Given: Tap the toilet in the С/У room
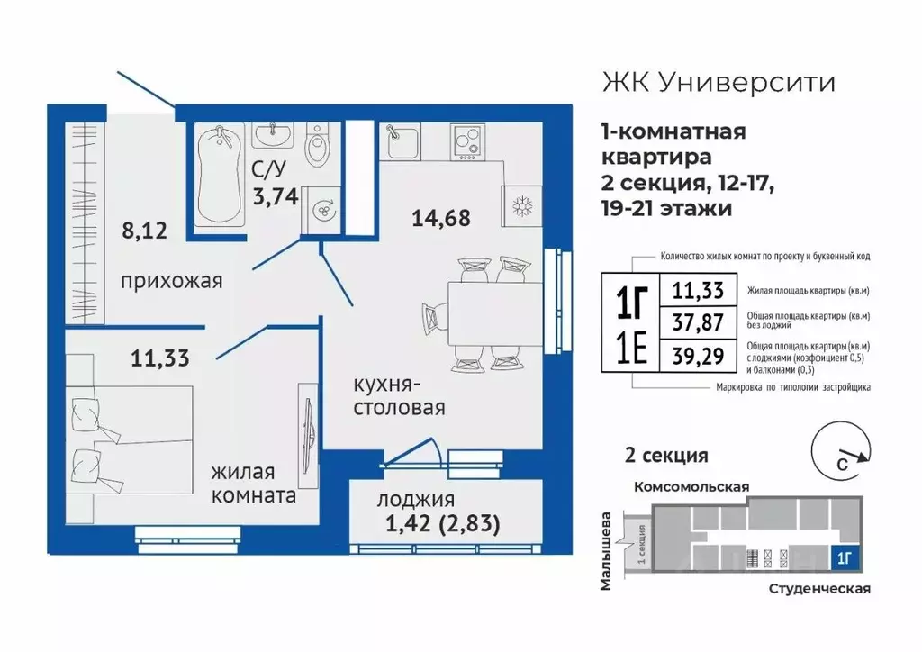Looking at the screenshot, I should tap(317, 147).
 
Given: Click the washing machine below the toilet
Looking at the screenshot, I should tap(320, 209).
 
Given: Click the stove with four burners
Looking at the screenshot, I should tap(467, 140).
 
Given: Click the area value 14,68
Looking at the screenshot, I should tap(442, 217).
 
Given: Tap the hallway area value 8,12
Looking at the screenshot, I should tap(144, 230).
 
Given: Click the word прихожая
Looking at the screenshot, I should tap(171, 282).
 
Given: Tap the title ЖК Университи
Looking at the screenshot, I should tap(718, 84).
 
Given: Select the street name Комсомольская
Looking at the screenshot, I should tap(691, 485).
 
